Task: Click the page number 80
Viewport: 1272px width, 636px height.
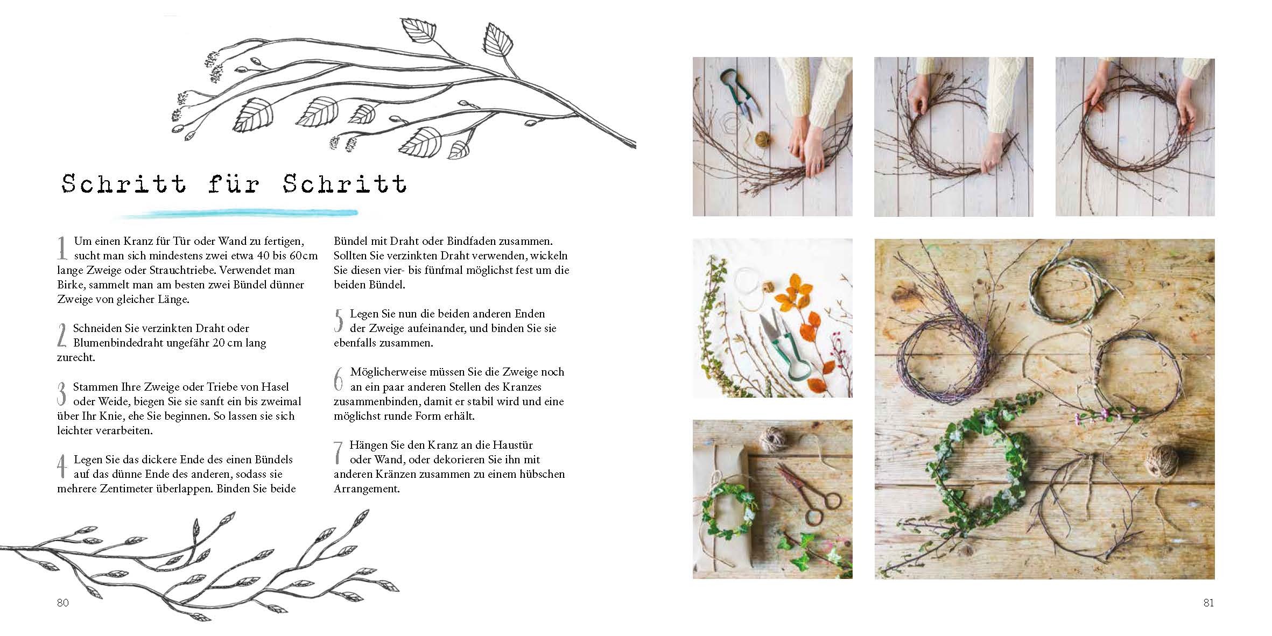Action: coord(63,603)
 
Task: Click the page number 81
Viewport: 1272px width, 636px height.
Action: coord(1208,603)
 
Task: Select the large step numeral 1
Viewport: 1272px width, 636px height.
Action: coord(62,249)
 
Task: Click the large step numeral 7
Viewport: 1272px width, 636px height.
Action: coord(339,452)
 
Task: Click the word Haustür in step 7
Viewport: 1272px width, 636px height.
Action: coord(514,445)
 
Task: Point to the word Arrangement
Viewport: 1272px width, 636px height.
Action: coord(367,489)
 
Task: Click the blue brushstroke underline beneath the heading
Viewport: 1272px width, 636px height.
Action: coord(237,214)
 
